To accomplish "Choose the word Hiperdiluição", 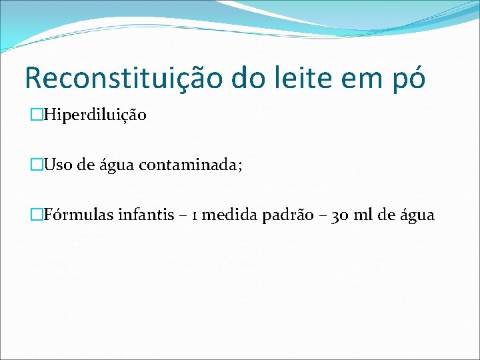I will (95, 115).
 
